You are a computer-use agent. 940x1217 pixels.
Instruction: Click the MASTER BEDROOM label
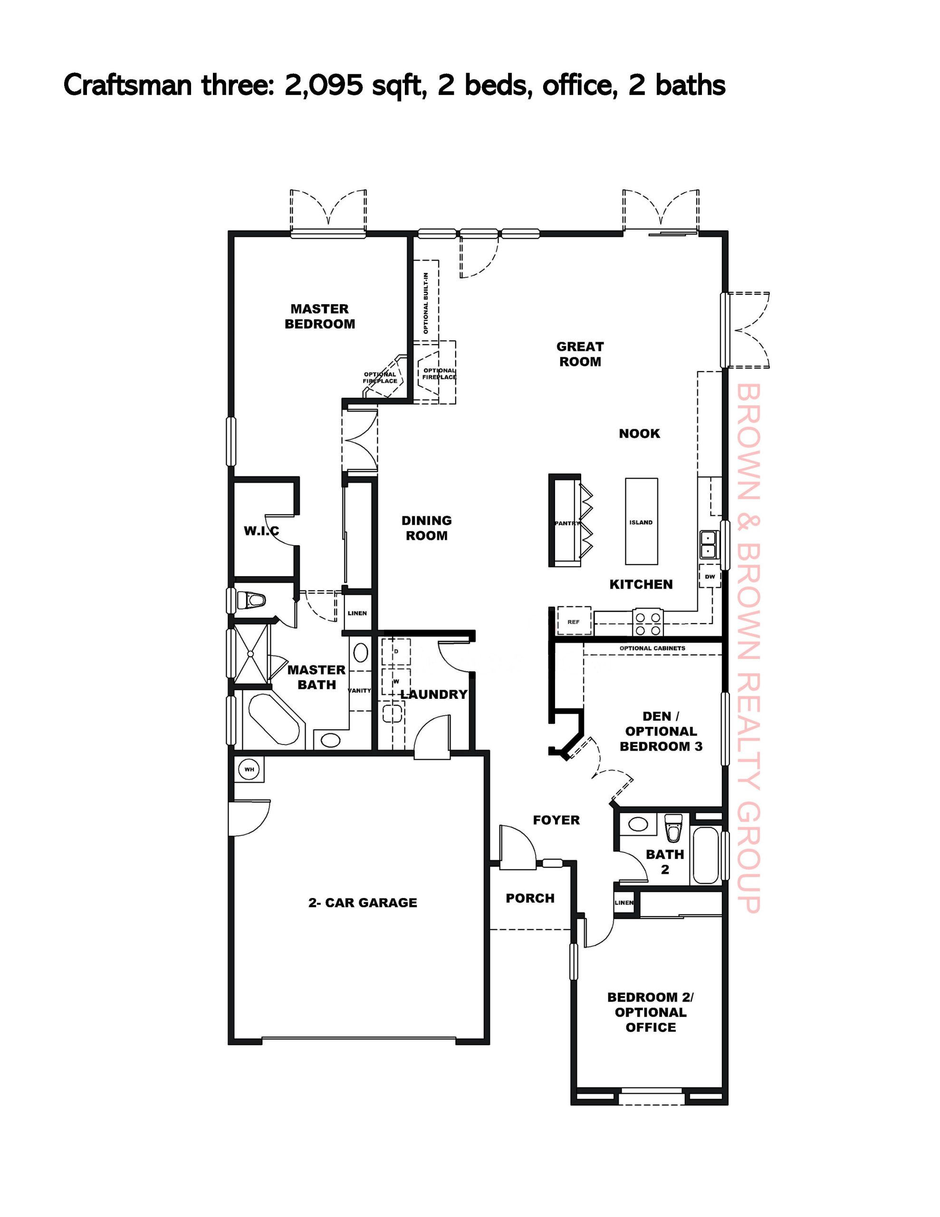pos(319,316)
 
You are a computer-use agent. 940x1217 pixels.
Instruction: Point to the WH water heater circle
pos(249,770)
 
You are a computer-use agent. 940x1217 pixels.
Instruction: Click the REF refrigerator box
pos(574,621)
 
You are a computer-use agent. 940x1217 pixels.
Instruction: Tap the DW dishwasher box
pos(710,577)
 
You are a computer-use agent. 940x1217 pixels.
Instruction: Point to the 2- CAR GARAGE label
pos(363,903)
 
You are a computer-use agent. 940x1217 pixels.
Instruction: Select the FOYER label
pos(556,820)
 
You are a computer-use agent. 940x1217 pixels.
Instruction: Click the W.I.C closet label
pos(261,531)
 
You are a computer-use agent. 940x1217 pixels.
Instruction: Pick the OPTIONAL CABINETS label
pos(652,648)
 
